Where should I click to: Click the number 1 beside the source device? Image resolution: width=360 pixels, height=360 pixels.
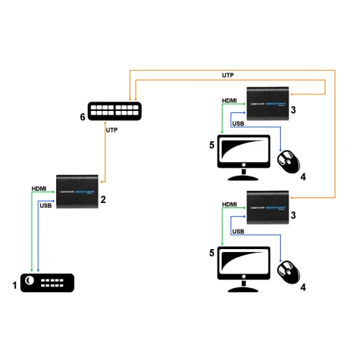14,285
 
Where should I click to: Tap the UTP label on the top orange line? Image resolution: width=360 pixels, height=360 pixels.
227,75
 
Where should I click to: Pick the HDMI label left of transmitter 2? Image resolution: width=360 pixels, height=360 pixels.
40,189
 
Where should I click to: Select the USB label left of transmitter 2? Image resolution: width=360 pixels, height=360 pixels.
45,205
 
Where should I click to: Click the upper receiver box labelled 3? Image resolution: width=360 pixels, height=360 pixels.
268,102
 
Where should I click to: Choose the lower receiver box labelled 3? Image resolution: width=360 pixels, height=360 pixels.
268,207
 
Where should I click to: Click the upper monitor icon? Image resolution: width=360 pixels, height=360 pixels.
243,158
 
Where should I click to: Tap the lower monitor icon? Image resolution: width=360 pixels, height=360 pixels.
243,266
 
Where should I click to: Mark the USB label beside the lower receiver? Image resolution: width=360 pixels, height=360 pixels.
239,232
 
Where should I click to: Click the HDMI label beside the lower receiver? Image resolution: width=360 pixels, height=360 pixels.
230,204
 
